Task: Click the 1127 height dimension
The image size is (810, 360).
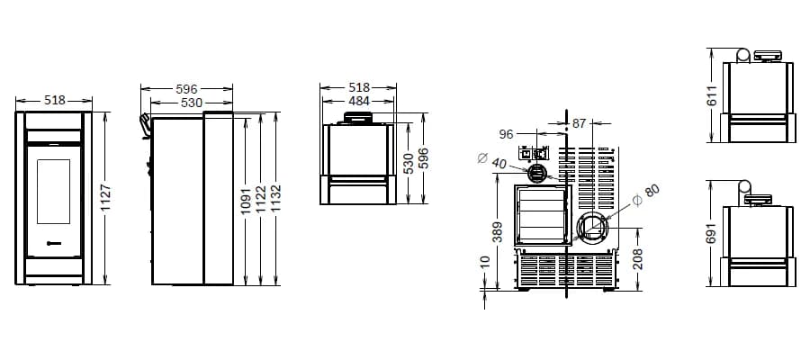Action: click(x=105, y=198)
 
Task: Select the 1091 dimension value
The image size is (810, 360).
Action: click(x=246, y=201)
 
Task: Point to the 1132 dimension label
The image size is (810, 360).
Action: click(x=278, y=199)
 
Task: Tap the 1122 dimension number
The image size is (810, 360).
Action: click(x=261, y=200)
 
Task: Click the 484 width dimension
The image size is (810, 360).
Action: click(x=358, y=101)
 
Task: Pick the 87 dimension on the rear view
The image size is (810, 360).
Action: click(x=580, y=123)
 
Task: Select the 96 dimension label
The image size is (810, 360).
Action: click(x=506, y=134)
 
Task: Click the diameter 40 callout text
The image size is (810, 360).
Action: click(x=491, y=160)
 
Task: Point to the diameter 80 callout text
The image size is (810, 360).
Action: click(x=646, y=195)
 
